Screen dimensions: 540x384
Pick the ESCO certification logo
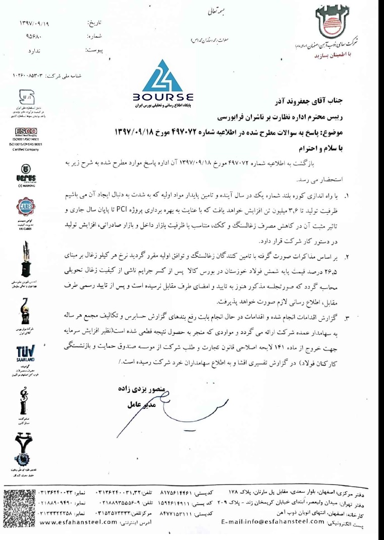21,133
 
